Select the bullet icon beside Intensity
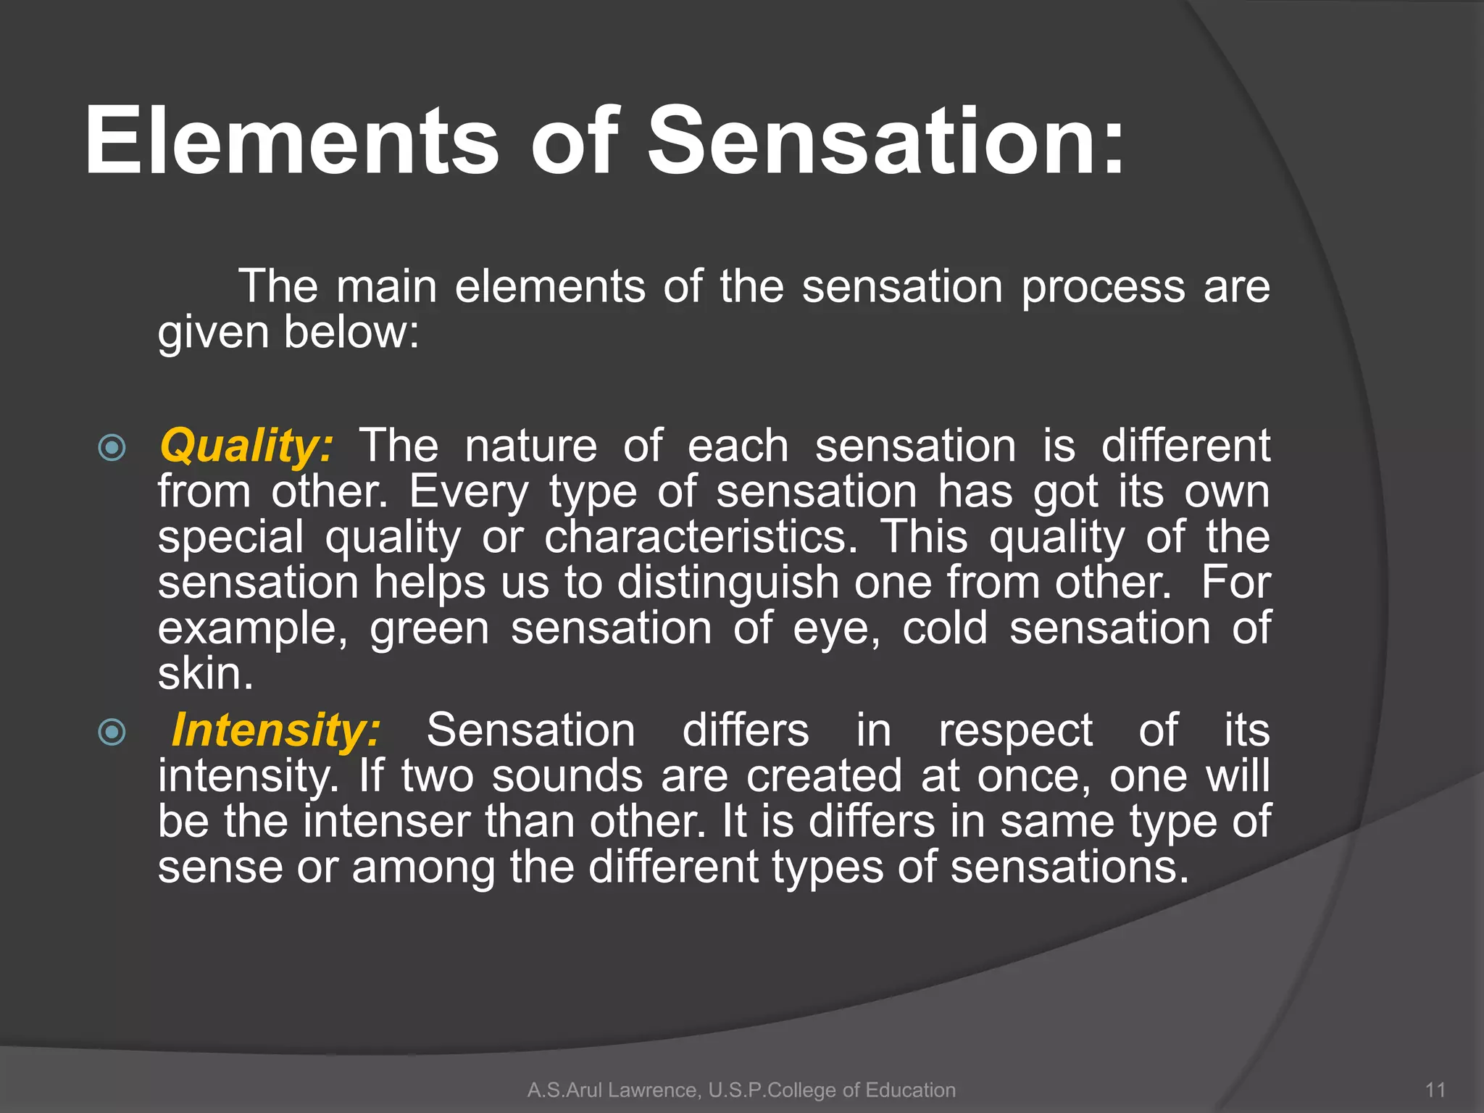[112, 732]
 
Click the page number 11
[1435, 1090]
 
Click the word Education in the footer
[909, 1090]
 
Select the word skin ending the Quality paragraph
[205, 674]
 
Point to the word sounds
[567, 776]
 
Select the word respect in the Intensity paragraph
[1015, 730]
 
